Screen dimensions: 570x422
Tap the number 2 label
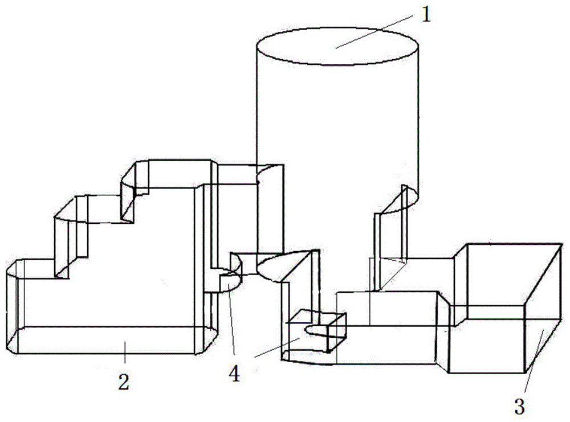point(124,382)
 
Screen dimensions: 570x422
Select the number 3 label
point(519,405)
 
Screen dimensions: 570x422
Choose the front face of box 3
point(487,339)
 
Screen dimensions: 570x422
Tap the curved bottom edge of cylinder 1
point(279,268)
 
